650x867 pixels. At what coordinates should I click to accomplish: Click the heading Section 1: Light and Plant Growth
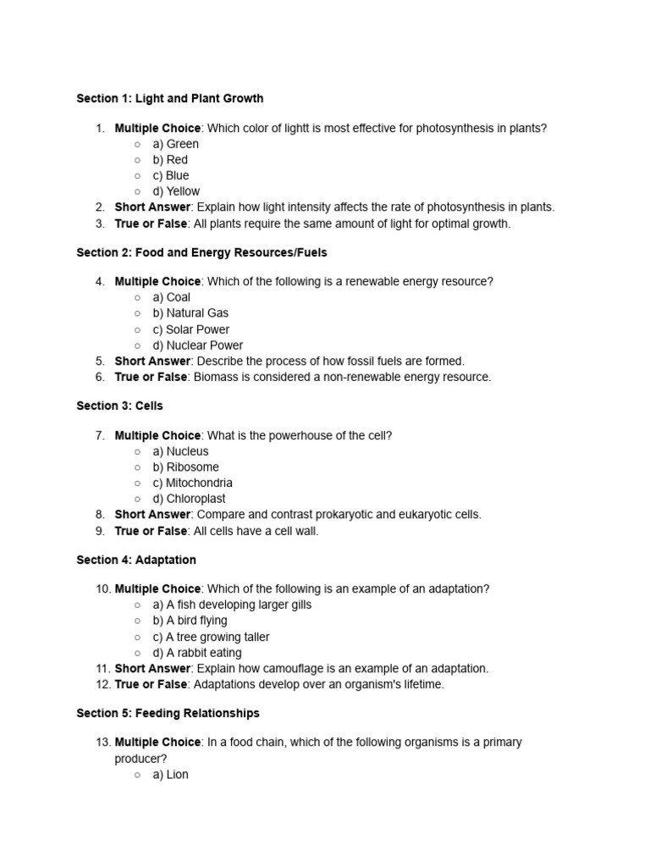(169, 98)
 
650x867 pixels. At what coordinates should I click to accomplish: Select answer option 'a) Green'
(175, 144)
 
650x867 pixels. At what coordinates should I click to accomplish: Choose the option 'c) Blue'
(170, 175)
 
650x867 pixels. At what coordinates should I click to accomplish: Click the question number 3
(99, 224)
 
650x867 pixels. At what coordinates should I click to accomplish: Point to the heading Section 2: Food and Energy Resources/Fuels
(201, 252)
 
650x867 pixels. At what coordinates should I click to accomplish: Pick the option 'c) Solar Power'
(190, 329)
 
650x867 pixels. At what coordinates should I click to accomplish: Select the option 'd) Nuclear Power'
(197, 345)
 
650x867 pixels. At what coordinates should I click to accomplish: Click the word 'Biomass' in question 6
(214, 377)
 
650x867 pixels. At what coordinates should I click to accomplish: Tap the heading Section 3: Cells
(119, 406)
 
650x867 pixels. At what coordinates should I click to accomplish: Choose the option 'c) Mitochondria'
(192, 483)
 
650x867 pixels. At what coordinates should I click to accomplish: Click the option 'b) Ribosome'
(185, 467)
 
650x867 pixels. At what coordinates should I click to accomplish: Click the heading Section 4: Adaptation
(135, 560)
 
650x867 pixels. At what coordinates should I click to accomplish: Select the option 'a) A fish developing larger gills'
(232, 605)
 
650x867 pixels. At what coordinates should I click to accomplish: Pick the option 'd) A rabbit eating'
(196, 653)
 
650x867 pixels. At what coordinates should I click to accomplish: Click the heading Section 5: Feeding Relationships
(168, 713)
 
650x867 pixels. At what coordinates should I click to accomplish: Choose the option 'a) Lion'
(170, 774)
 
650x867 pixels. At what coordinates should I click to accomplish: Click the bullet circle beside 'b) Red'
(137, 160)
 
